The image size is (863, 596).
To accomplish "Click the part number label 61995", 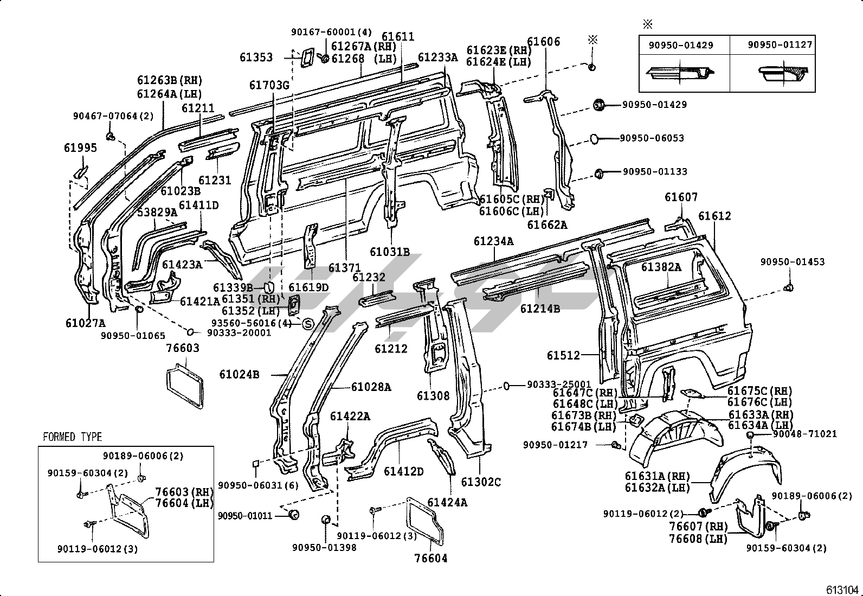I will [80, 148].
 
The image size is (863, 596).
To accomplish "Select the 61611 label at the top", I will [398, 37].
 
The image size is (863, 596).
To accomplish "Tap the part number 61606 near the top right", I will [543, 42].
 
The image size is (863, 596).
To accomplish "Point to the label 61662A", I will [548, 224].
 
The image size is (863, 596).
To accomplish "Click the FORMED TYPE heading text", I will [72, 437].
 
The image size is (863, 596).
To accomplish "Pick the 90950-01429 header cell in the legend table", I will [681, 46].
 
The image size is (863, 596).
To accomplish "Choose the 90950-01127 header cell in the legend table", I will [780, 45].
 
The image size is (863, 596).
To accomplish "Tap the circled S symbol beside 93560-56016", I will [307, 324].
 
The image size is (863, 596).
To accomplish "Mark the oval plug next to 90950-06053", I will [594, 139].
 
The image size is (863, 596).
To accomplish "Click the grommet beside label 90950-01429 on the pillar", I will [599, 105].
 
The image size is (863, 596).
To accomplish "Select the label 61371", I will [344, 267].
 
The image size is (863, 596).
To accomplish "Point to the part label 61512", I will [563, 355].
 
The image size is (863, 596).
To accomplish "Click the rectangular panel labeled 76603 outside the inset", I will [184, 386].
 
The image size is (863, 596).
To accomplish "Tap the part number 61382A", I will [661, 267].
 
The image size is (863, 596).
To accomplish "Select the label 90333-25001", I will [559, 384].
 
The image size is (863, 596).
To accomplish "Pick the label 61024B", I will [239, 374].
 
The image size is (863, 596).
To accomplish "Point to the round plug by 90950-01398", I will [326, 520].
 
